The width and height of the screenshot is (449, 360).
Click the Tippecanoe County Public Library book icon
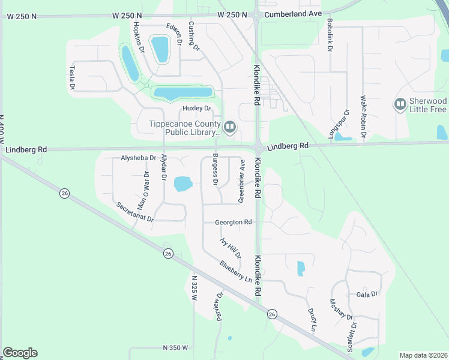[229, 127]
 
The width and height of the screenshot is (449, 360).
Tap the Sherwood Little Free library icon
[400, 105]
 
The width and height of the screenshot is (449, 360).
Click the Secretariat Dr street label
[135, 212]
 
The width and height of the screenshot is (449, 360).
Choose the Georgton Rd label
[234, 222]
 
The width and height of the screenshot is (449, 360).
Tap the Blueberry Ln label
[236, 271]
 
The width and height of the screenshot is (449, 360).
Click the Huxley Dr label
[197, 109]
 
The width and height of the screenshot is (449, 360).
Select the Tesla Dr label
[72, 78]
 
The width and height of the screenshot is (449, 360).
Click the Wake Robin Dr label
[363, 116]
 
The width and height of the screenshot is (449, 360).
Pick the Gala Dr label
[367, 294]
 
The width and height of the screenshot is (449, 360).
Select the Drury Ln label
[312, 320]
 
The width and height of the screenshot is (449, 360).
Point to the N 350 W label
[175, 347]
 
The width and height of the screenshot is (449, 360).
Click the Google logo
[20, 353]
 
